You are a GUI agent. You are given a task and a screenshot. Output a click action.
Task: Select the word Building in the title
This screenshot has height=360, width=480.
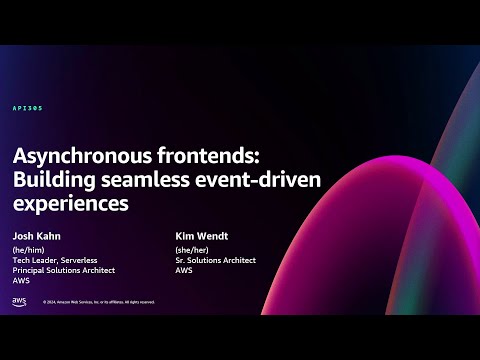pos(51,180)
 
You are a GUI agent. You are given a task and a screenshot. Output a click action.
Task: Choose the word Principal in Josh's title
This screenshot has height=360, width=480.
pos(33,270)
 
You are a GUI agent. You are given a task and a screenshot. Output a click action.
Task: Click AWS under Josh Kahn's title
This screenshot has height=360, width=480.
pos(22,281)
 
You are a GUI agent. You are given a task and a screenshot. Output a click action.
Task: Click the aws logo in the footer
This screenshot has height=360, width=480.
pos(19,301)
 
